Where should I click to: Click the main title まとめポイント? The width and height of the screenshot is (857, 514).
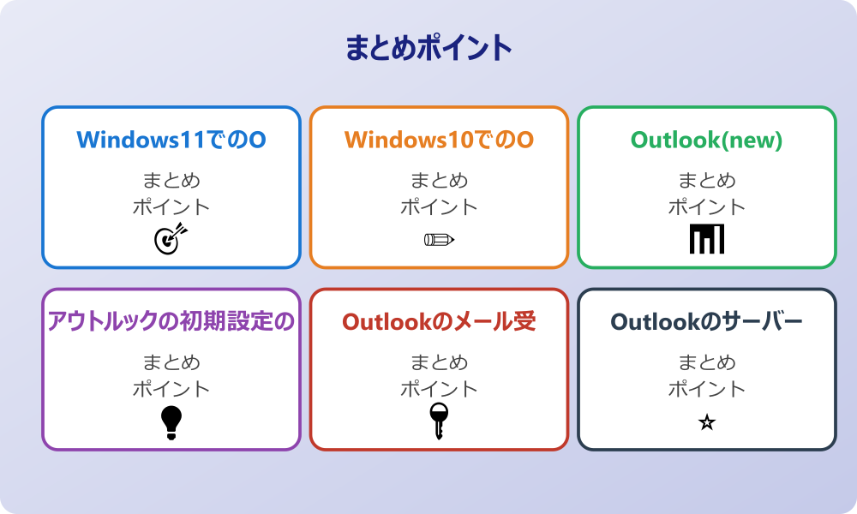(428, 48)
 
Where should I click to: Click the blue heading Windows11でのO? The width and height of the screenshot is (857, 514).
(171, 140)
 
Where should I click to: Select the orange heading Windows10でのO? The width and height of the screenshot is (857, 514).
(439, 140)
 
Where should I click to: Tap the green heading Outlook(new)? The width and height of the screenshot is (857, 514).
(707, 140)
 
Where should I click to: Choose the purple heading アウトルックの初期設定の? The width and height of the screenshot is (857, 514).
(171, 321)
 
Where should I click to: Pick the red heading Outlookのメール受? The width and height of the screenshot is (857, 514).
(439, 321)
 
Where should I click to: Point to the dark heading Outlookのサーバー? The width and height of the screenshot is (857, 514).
(707, 321)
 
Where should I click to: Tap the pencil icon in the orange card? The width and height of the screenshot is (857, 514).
(439, 239)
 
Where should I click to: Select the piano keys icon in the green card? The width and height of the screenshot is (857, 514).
(707, 239)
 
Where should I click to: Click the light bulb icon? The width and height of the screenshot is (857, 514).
(171, 422)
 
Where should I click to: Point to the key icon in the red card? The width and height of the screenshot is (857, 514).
(439, 421)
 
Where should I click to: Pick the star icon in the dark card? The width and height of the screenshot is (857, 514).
(707, 422)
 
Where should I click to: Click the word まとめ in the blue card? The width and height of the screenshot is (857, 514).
(171, 181)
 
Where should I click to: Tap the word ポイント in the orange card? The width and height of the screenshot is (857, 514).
(439, 206)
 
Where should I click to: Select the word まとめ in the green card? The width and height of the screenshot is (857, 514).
(707, 181)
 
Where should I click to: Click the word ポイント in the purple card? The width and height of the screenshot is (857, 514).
(171, 388)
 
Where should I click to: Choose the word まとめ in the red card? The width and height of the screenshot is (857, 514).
(439, 362)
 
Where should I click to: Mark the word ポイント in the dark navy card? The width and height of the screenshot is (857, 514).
(707, 388)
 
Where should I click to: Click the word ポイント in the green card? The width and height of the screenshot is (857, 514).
(707, 206)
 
